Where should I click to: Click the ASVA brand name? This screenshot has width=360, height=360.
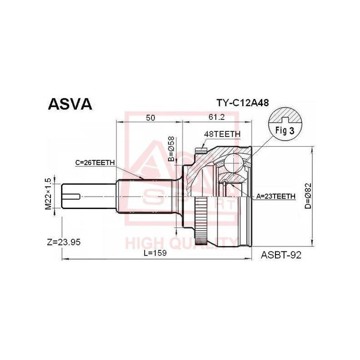70,104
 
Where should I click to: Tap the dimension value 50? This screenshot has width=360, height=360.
150,117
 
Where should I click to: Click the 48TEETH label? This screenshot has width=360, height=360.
222,135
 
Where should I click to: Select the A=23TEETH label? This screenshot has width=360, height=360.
276,196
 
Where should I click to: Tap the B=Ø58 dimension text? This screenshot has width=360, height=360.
171,149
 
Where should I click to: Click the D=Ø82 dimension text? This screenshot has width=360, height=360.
307,196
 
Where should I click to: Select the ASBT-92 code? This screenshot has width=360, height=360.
281,255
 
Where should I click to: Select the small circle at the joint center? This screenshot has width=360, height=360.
225,183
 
